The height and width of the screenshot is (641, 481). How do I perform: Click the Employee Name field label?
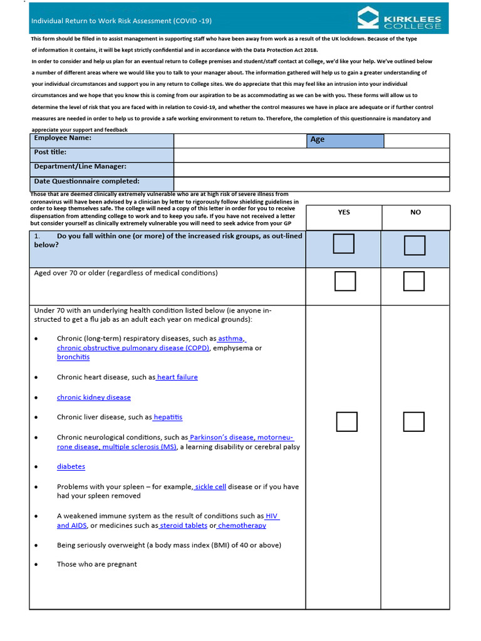click(x=63, y=138)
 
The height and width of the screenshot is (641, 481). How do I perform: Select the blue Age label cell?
click(x=344, y=140)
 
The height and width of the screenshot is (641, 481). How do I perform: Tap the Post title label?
click(x=50, y=152)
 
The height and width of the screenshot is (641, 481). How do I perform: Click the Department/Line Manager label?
click(x=80, y=167)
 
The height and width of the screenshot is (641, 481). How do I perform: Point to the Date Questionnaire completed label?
click(x=86, y=182)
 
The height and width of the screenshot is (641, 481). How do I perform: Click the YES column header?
click(x=344, y=212)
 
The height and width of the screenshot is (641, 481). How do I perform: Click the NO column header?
click(x=415, y=212)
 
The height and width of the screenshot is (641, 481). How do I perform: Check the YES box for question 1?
click(x=344, y=244)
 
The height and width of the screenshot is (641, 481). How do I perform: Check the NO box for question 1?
click(x=415, y=245)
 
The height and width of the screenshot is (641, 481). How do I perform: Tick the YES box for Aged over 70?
click(x=345, y=281)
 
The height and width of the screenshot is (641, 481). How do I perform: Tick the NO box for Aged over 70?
click(x=414, y=281)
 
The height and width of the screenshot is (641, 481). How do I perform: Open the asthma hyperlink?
click(x=230, y=339)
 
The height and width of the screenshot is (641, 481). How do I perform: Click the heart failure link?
click(x=178, y=377)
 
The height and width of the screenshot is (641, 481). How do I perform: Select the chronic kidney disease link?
click(x=94, y=397)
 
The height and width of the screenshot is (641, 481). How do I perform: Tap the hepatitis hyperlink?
click(x=168, y=417)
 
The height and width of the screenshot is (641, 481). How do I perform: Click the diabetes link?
click(x=71, y=466)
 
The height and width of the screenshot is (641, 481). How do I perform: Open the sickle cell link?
click(x=211, y=486)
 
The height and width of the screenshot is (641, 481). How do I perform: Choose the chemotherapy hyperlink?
click(x=242, y=526)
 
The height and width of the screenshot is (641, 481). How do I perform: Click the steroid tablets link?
click(x=184, y=526)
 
